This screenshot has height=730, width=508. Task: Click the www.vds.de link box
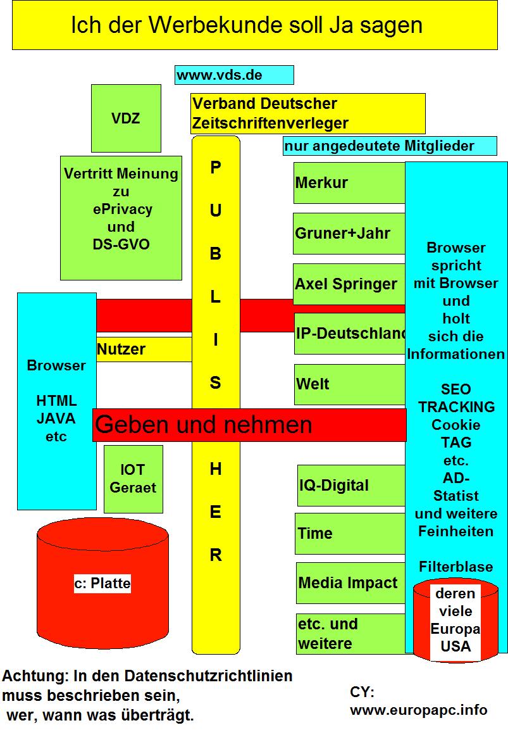pyautogui.click(x=234, y=75)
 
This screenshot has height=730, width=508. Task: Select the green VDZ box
pyautogui.click(x=126, y=118)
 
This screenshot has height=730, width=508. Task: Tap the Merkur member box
pyautogui.click(x=349, y=183)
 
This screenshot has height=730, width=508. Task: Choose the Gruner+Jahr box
pyautogui.click(x=349, y=233)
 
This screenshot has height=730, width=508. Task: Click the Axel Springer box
pyautogui.click(x=349, y=284)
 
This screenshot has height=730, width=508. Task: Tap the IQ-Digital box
pyautogui.click(x=350, y=486)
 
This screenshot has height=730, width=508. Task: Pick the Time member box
pyautogui.click(x=350, y=533)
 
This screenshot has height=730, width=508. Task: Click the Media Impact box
pyautogui.click(x=350, y=582)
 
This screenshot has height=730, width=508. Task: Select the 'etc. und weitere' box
pyautogui.click(x=350, y=634)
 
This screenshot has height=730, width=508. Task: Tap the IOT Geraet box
pyautogui.click(x=133, y=479)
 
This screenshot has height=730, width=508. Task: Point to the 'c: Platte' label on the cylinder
pyautogui.click(x=102, y=584)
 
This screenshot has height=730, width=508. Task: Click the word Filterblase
pyautogui.click(x=455, y=566)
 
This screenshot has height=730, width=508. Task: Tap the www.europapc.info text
pyautogui.click(x=419, y=710)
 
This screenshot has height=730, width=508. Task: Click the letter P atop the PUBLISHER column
pyautogui.click(x=216, y=168)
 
